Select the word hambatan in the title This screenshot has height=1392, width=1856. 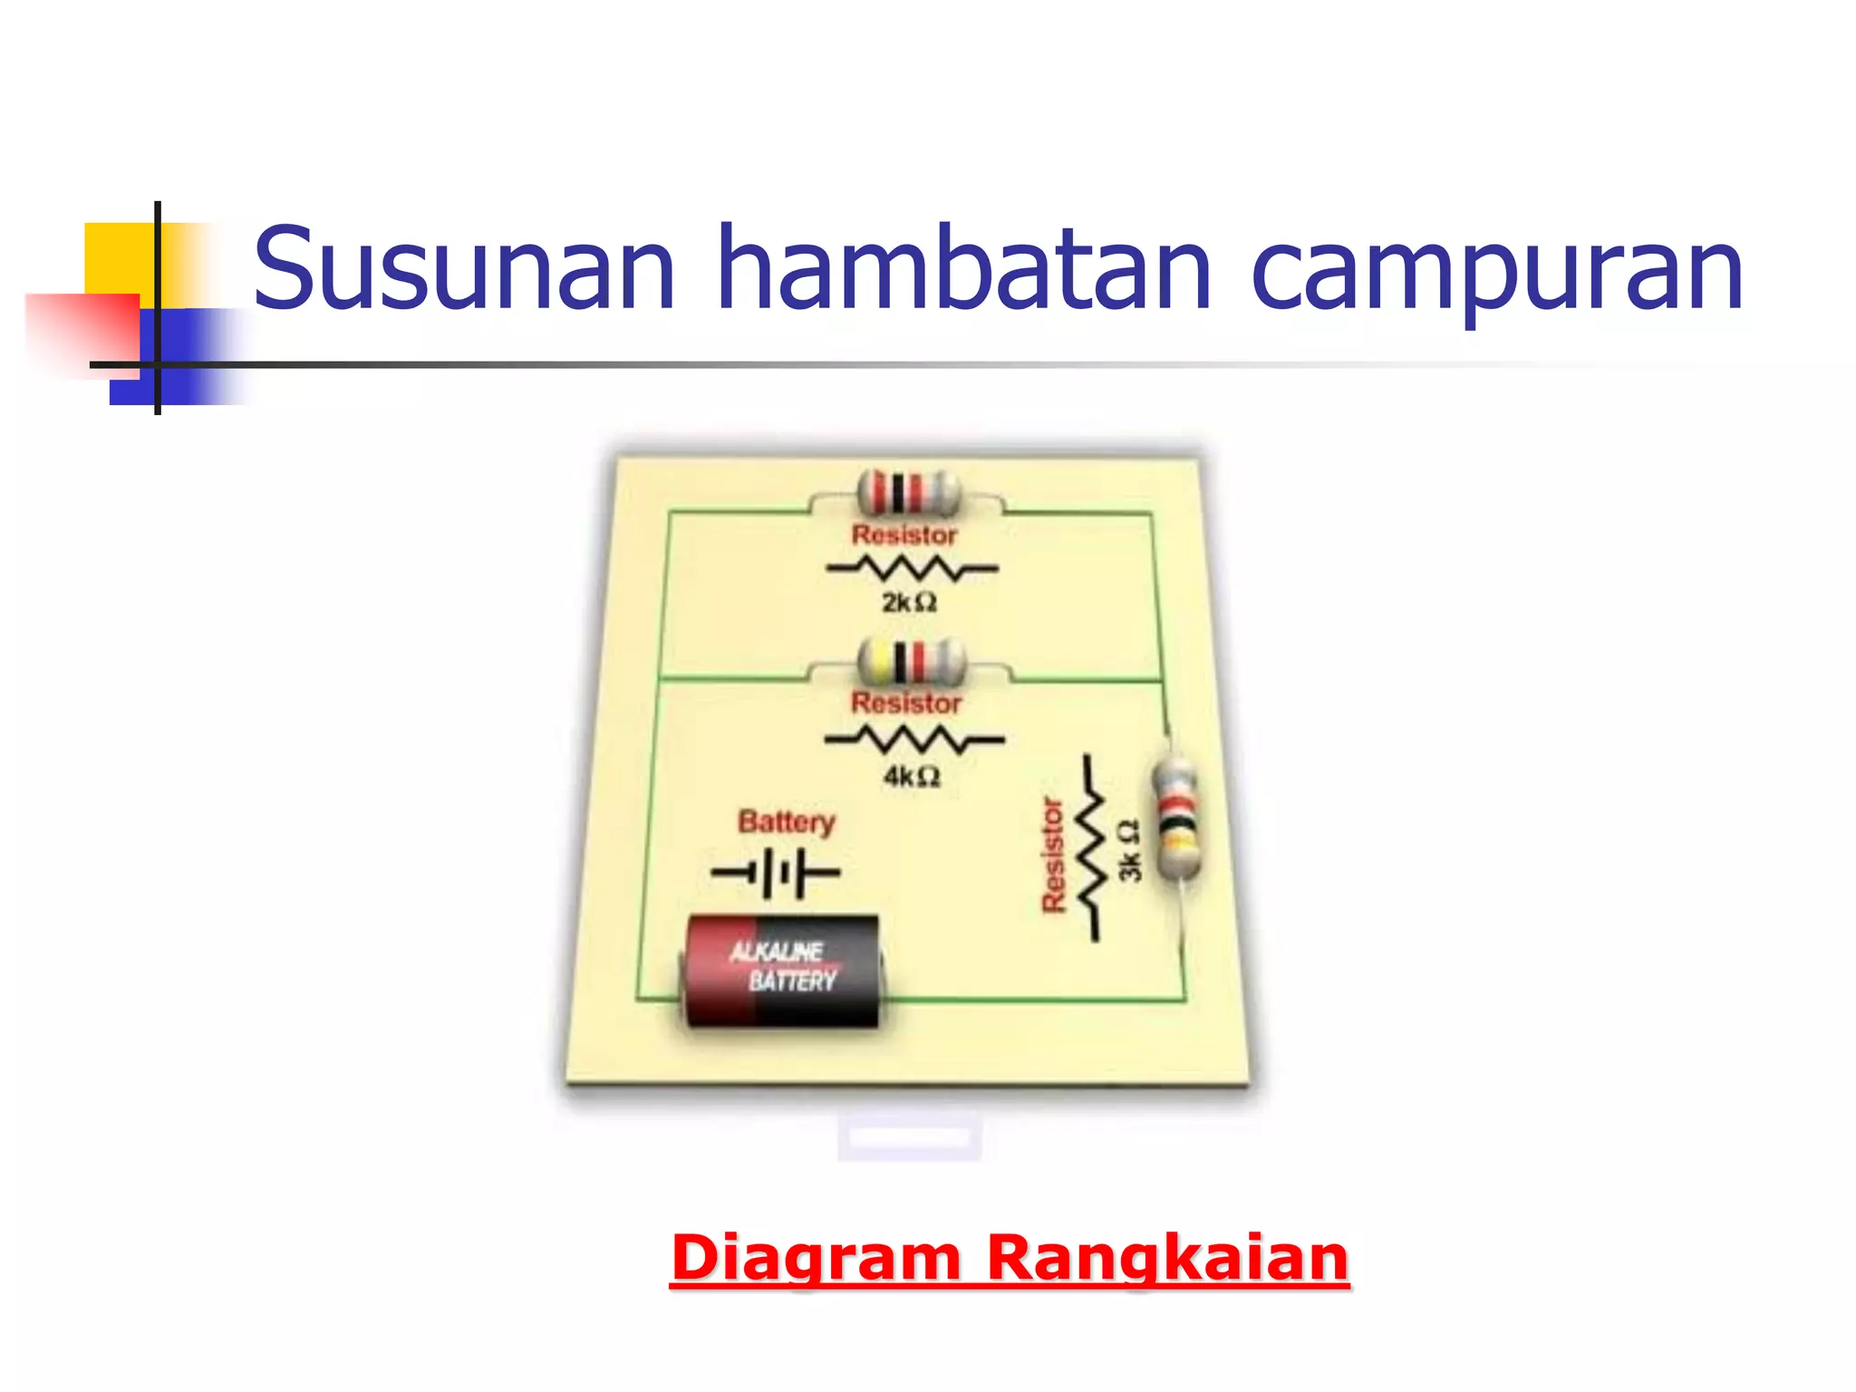(x=962, y=268)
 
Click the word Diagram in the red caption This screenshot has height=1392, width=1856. (x=815, y=1258)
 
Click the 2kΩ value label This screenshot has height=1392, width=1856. (x=909, y=603)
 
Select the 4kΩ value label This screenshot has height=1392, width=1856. (x=912, y=777)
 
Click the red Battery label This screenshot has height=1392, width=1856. (x=786, y=822)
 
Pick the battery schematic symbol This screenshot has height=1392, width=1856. (x=776, y=873)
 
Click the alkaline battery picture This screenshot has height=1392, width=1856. (x=782, y=971)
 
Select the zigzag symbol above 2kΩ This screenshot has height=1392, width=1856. (x=912, y=569)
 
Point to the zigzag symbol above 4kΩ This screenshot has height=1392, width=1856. (x=913, y=739)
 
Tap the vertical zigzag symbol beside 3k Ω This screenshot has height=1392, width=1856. (x=1091, y=848)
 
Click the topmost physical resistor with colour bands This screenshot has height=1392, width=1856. (x=907, y=494)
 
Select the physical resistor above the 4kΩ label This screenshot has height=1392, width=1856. (x=911, y=662)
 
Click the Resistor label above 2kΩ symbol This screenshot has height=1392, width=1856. (x=904, y=535)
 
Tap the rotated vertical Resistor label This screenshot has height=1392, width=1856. (x=1052, y=855)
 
